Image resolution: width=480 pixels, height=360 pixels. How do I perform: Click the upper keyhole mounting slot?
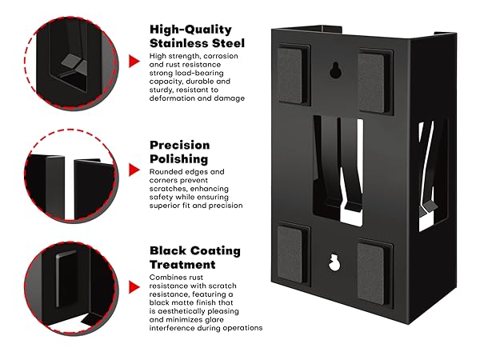335,70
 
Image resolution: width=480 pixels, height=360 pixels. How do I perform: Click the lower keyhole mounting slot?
334,262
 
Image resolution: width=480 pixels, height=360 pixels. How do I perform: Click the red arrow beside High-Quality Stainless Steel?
134,61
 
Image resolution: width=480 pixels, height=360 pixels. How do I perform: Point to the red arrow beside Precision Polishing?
134,170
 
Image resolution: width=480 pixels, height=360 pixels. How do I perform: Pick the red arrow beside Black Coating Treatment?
134,287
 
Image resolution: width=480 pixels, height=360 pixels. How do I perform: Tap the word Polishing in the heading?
178,159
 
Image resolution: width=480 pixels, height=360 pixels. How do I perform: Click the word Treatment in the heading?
182,265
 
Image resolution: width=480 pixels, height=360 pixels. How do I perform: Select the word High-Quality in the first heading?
190,30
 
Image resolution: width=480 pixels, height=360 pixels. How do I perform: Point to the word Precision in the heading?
180,145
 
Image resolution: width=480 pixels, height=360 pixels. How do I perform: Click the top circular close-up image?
71,63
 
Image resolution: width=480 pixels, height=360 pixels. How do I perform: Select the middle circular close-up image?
71,176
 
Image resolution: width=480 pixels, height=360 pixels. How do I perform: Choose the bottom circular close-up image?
71,288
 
